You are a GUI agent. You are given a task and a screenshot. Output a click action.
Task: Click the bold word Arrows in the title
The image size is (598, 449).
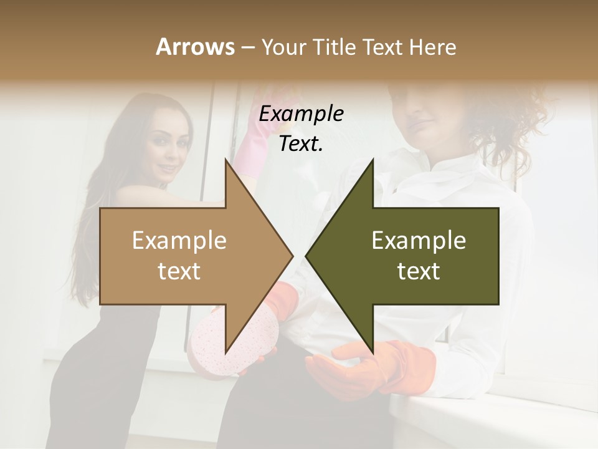pos(195,47)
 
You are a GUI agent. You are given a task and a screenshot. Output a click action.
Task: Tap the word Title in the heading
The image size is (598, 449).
pos(336,47)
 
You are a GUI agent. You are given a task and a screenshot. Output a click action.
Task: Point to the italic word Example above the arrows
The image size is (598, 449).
pos(301,114)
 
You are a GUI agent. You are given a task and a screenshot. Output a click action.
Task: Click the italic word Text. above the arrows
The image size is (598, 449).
pos(301,143)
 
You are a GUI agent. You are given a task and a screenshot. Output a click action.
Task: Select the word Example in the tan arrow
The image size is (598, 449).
pos(179,240)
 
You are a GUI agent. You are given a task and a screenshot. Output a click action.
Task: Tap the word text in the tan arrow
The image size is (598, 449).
pos(179,271)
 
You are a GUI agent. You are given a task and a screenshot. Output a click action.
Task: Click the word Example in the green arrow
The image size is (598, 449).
pos(419,240)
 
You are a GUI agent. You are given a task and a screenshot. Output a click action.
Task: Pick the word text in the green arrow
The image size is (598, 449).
pos(419,271)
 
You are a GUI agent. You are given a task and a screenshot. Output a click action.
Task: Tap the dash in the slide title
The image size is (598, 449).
pos(247,47)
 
